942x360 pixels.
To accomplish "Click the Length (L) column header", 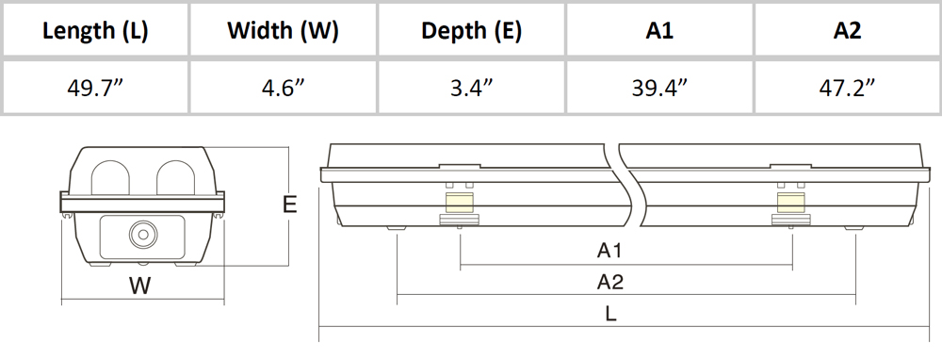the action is (95, 31).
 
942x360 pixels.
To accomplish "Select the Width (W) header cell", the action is (283, 31).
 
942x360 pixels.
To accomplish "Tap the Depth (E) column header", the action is (471, 31).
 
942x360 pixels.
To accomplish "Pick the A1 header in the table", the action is (659, 31).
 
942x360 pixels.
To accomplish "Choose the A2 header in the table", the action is (847, 31).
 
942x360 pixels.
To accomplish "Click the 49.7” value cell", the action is (95, 87).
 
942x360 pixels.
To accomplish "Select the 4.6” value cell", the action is (283, 87).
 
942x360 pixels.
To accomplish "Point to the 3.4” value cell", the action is (471, 87).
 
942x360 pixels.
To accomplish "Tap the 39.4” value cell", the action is (659, 87).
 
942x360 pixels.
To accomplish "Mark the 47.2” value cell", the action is (847, 87).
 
